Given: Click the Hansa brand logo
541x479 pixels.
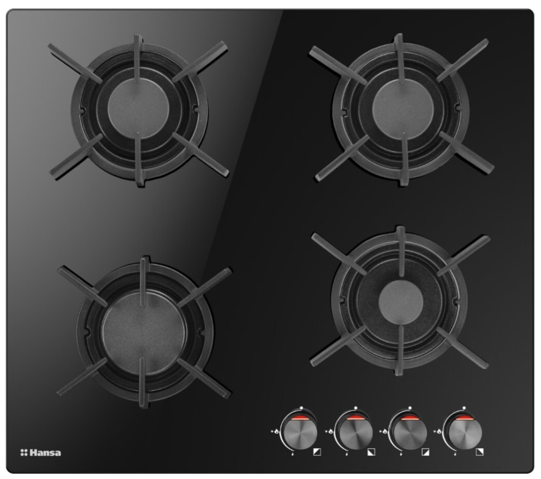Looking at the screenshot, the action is (41, 452).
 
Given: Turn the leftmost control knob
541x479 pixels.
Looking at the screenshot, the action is (299, 432).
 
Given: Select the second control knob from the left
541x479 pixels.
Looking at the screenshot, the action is (354, 432).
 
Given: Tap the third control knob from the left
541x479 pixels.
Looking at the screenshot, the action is (408, 432).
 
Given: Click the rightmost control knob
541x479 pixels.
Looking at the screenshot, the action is (462, 432).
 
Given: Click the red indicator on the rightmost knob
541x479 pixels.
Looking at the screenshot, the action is (463, 419).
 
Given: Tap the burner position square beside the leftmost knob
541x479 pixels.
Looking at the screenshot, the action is (317, 452).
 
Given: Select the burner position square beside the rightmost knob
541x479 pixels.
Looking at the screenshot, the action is (480, 452).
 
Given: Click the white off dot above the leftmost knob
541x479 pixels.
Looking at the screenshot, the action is (301, 408).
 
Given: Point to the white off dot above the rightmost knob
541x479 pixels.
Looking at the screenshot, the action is (464, 408).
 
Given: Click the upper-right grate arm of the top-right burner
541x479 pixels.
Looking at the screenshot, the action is (462, 60).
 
